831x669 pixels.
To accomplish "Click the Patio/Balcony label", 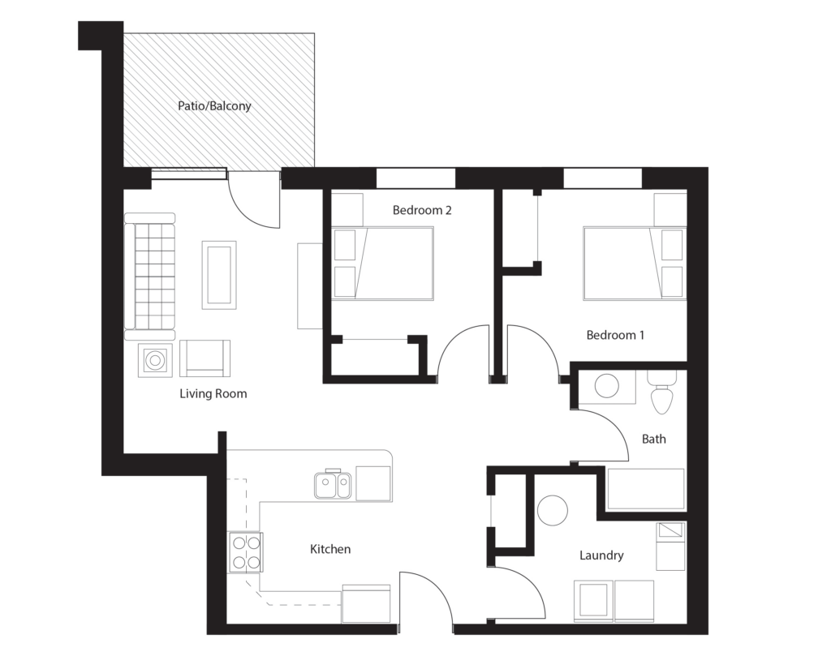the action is (x=214, y=106).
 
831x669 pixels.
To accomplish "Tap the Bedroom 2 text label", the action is (x=422, y=210).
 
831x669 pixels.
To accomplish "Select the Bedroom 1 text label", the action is (x=615, y=335).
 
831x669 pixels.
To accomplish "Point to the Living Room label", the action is (x=213, y=393).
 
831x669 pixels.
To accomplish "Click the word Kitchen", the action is (x=330, y=549).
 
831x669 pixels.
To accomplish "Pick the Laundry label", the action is (x=601, y=555).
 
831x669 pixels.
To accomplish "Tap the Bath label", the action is (x=653, y=439).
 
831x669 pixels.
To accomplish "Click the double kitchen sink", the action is (x=332, y=485).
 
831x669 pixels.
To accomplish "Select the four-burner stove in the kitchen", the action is (x=245, y=552).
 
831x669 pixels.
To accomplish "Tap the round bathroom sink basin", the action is (x=607, y=386).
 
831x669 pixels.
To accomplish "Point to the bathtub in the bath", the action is (x=645, y=489).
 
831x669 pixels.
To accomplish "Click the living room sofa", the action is (x=149, y=276).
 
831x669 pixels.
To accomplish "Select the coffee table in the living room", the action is (x=219, y=274).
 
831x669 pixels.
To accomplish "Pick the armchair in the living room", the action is (x=205, y=358).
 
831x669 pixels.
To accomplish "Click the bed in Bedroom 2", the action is (x=383, y=264).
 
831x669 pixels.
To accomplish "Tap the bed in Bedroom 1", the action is (x=635, y=264).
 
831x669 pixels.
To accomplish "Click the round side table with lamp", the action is (x=155, y=360).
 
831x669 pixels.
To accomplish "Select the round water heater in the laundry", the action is (x=553, y=510).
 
